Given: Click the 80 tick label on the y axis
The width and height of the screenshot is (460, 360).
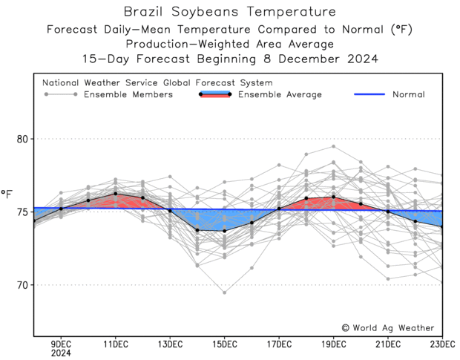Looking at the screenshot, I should [x=22, y=139].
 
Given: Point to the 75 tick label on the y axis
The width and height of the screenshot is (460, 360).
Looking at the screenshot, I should [x=22, y=212].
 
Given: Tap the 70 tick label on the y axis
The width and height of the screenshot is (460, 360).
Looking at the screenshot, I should [x=22, y=285].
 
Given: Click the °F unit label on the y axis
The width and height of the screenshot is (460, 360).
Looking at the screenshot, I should [x=7, y=195].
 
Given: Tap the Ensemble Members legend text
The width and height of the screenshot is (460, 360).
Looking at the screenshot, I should [x=129, y=94].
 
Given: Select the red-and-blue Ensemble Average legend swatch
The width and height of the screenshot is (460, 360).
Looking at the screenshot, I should [x=215, y=94].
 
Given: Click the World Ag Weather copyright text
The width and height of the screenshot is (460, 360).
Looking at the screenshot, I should [x=388, y=327].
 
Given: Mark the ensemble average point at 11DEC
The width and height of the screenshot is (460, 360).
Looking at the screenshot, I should [x=116, y=194].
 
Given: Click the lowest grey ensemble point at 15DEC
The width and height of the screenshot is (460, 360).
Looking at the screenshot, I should [x=225, y=292].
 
